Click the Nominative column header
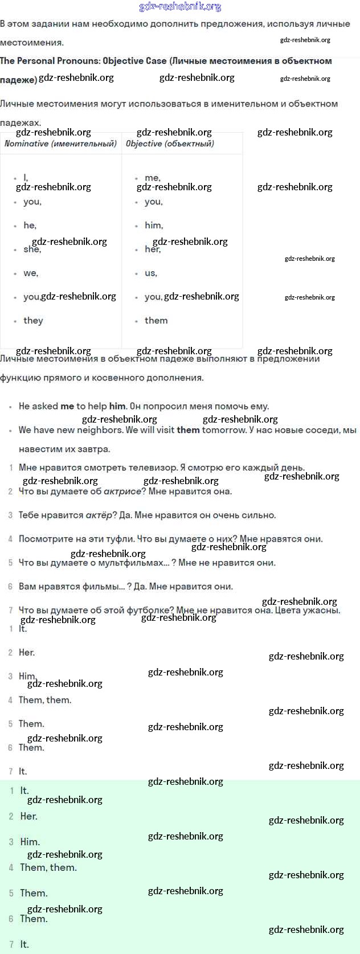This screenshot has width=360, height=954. tap(60, 144)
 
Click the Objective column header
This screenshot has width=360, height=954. tap(170, 144)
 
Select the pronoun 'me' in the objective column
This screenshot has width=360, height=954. tap(152, 178)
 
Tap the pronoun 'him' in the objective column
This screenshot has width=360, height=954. tap(153, 225)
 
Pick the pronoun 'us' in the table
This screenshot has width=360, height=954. tap(150, 273)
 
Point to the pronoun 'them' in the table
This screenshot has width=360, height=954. tap(156, 320)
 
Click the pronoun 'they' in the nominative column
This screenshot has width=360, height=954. tap(33, 320)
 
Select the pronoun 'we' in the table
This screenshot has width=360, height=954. tap(31, 273)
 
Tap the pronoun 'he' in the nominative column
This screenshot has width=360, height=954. tap(30, 225)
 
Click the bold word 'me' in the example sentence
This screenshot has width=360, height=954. tap(67, 406)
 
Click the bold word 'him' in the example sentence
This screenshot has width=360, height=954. tap(117, 406)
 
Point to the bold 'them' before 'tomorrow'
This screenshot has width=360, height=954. tap(188, 429)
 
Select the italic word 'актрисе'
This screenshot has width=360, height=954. tap(122, 491)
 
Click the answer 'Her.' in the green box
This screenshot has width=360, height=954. tap(28, 816)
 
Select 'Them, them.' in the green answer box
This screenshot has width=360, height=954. tap(48, 867)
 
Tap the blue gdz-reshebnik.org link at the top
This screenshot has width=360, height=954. tap(180, 7)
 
